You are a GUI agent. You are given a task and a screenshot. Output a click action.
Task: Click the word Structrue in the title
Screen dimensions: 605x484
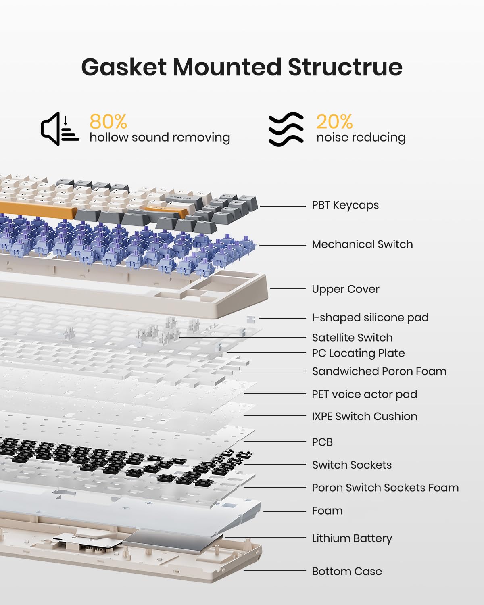point(345,67)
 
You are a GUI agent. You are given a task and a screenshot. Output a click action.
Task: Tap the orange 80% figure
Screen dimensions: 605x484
point(108,121)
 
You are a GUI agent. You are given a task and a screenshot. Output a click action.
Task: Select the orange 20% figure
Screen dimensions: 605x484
point(334,121)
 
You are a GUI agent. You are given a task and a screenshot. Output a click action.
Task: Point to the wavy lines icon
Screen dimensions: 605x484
point(286,129)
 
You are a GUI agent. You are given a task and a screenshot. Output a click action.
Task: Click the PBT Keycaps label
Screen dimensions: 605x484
point(345,205)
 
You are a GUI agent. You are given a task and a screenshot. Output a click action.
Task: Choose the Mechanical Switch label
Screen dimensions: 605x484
point(362,244)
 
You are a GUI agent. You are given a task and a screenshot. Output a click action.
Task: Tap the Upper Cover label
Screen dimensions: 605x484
point(345,289)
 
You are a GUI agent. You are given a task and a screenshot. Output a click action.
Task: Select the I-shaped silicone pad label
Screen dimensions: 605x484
point(370,318)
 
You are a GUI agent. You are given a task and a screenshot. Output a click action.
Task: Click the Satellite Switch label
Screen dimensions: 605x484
point(352,338)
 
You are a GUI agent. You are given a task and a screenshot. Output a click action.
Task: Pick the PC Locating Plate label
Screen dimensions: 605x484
point(358,353)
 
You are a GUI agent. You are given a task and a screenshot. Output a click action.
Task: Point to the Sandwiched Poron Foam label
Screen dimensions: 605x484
point(379,371)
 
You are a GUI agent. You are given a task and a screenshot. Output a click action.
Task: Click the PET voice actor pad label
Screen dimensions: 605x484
point(364,394)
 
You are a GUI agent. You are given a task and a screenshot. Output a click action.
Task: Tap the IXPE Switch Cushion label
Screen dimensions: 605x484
point(364,417)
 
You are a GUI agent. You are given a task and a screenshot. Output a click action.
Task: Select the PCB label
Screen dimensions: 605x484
point(322,442)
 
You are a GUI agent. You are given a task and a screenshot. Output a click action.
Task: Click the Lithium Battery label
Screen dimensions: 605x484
point(352,538)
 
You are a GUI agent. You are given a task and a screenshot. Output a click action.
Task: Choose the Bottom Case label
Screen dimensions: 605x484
point(347,572)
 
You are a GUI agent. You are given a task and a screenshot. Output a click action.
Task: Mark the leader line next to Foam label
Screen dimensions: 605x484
point(285,511)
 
